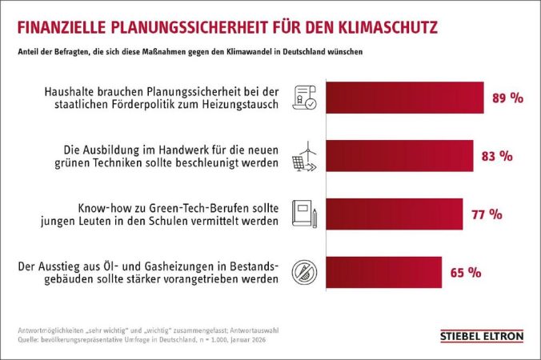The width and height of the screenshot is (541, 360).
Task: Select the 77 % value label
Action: point(487,214)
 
